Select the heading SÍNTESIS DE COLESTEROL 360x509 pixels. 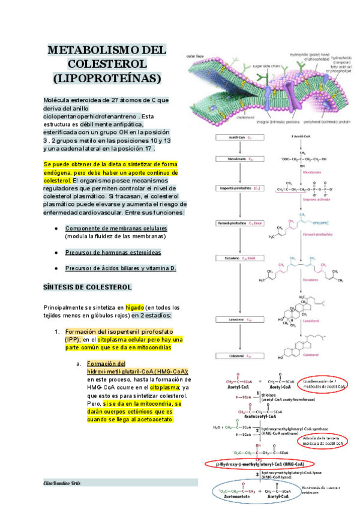[88, 288]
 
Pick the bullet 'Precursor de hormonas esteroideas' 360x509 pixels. [113, 252]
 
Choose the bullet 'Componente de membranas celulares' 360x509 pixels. [116, 229]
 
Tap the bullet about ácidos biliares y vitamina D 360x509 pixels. [120, 268]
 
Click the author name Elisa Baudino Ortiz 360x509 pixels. [63, 483]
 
